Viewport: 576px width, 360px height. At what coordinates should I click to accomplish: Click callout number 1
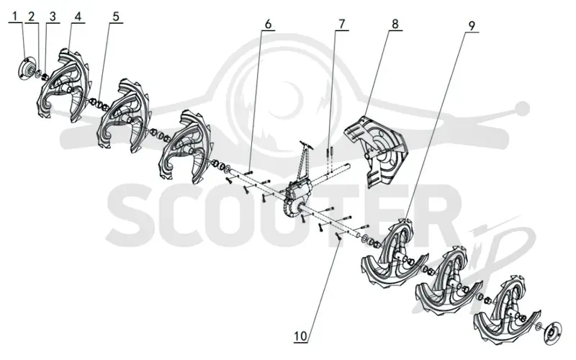[x=15, y=17]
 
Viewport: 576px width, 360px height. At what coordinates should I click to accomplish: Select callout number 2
[x=31, y=17]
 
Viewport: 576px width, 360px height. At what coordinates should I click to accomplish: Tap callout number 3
[x=53, y=17]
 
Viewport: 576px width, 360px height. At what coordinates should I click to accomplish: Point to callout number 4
[x=78, y=17]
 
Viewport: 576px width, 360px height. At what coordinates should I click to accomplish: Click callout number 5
[x=116, y=17]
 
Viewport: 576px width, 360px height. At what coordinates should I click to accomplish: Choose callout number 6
[x=268, y=24]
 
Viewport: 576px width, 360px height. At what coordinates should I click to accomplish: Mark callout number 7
[x=341, y=24]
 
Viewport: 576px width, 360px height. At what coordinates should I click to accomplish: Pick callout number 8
[x=395, y=24]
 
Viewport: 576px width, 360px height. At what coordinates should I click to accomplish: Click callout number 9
[x=472, y=26]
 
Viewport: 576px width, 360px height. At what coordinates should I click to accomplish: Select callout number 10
[x=300, y=336]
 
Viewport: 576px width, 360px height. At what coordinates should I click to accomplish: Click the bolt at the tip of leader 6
[x=248, y=171]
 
